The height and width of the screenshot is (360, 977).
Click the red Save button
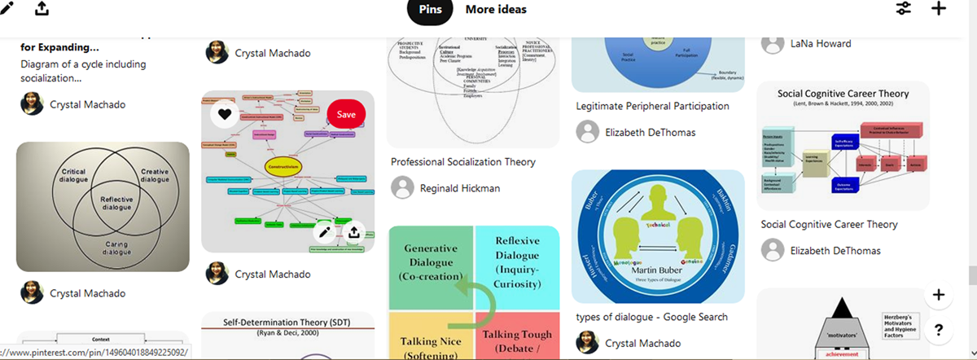pyautogui.click(x=346, y=115)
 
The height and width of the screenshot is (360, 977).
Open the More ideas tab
pyautogui.click(x=496, y=9)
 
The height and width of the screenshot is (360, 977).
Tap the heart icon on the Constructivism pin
pyautogui.click(x=225, y=115)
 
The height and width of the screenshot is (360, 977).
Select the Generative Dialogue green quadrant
pyautogui.click(x=431, y=266)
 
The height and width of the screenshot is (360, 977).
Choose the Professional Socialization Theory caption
pyautogui.click(x=463, y=162)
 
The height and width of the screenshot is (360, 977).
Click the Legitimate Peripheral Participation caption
pyautogui.click(x=652, y=106)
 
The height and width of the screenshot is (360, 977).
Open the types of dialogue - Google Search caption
pyautogui.click(x=651, y=317)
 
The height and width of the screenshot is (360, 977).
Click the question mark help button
pyautogui.click(x=939, y=330)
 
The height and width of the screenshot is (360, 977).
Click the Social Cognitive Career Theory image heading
pyautogui.click(x=843, y=94)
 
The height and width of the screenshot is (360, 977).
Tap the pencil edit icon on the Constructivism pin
pyautogui.click(x=325, y=232)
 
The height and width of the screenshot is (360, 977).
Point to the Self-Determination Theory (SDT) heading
pyautogui.click(x=287, y=323)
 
